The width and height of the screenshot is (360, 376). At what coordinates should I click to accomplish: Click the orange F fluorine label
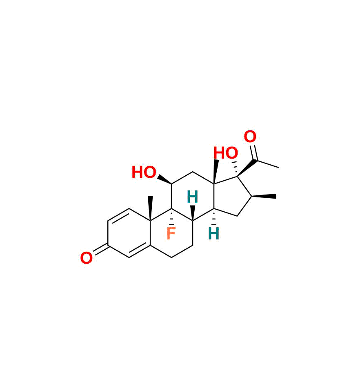171,233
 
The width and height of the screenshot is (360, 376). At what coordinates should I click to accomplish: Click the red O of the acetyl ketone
250,137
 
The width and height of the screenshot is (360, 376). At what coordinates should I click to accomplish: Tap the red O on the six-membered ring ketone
86,258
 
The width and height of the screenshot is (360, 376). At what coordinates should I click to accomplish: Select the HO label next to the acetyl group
226,153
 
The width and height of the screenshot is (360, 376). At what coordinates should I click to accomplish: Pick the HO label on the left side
144,172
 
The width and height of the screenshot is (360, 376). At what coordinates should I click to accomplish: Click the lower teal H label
213,233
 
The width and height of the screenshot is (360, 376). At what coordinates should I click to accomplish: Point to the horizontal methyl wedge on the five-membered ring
264,197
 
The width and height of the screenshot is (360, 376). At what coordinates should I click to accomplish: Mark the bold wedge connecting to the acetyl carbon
247,168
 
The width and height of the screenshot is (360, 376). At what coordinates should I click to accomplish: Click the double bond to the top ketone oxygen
253,152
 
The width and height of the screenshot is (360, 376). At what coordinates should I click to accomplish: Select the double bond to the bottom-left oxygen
100,250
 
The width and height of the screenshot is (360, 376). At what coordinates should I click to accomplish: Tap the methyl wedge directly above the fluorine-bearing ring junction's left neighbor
150,208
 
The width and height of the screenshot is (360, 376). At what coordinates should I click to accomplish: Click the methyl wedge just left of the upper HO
216,172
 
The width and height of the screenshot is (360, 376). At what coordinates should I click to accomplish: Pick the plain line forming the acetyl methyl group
267,163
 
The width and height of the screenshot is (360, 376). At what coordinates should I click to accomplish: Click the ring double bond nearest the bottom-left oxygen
140,251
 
